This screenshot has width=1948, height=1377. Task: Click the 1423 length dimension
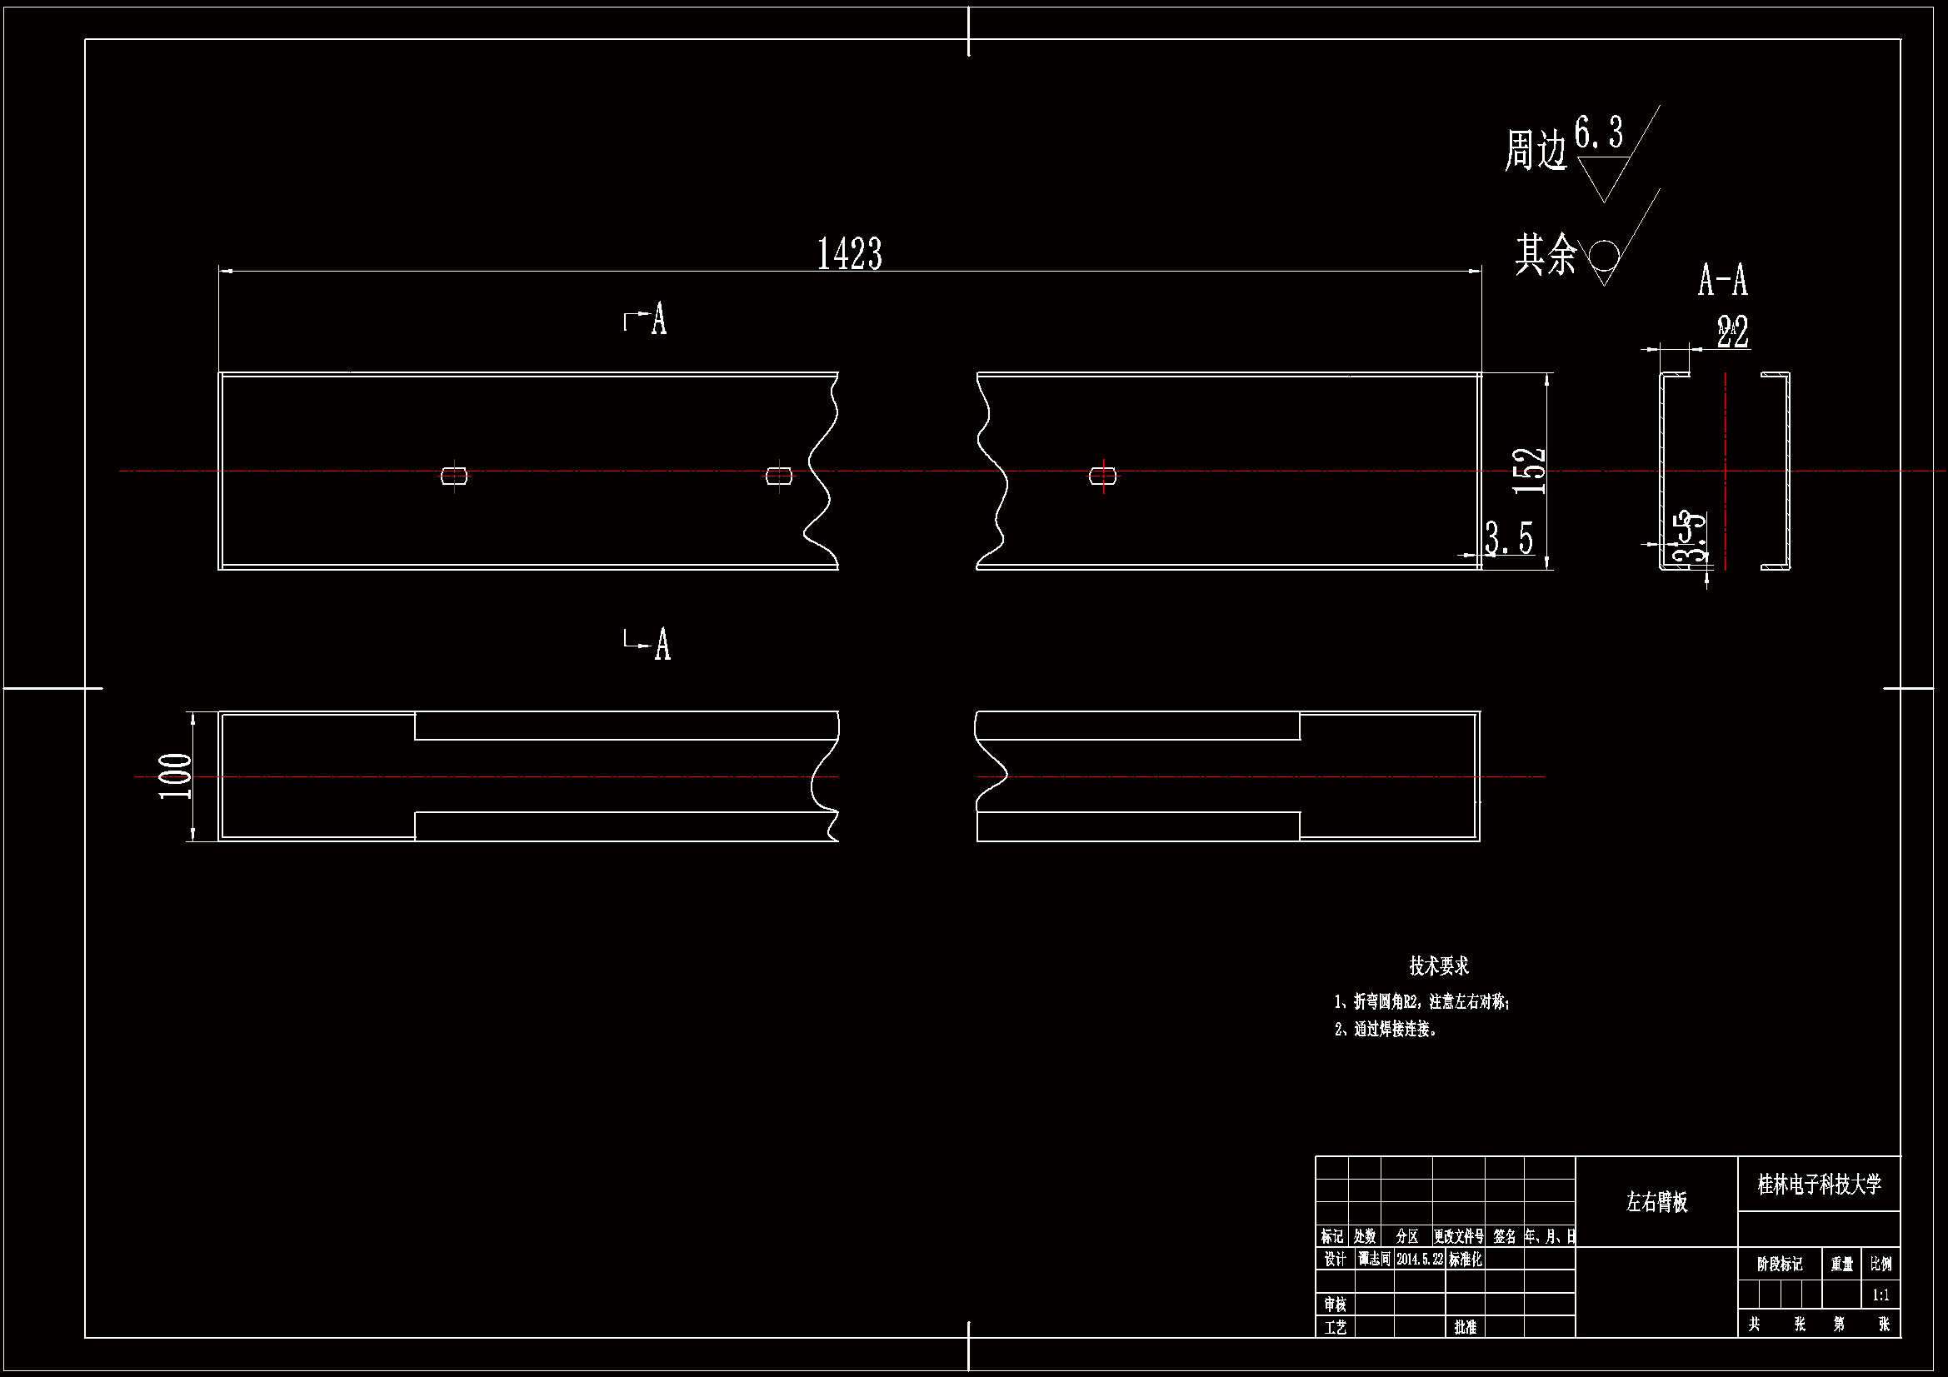tap(849, 254)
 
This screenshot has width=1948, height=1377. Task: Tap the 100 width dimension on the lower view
tap(176, 776)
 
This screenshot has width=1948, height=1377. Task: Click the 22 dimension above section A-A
tap(1732, 332)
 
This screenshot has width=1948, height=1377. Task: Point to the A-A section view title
tap(1722, 280)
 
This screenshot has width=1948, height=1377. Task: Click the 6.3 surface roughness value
tap(1598, 133)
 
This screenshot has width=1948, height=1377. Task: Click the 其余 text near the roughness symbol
tap(1546, 254)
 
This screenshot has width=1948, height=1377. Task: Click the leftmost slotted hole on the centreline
tap(454, 475)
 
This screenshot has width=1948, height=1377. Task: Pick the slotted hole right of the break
tap(1102, 476)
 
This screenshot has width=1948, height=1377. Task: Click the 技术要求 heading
tap(1439, 965)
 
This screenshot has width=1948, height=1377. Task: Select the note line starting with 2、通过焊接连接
tap(1386, 1029)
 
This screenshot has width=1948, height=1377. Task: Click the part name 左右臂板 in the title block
tap(1656, 1201)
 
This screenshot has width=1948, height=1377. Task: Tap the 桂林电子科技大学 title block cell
tap(1819, 1184)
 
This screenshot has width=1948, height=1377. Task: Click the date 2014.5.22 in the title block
tap(1420, 1259)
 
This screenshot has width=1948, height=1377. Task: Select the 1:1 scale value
tap(1881, 1295)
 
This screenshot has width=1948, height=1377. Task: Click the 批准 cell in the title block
tap(1466, 1326)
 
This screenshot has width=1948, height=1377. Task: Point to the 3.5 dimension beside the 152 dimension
tap(1510, 538)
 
